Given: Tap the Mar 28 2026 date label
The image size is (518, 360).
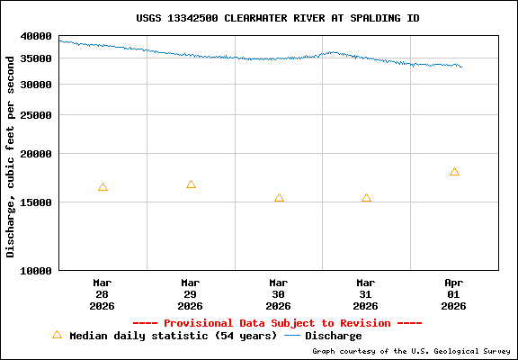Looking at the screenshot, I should pyautogui.click(x=103, y=293).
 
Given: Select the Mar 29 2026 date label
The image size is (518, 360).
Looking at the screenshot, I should pyautogui.click(x=191, y=293).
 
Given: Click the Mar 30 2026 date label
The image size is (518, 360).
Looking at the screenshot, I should pyautogui.click(x=279, y=293).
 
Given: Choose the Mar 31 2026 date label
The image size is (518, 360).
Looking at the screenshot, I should pyautogui.click(x=366, y=293).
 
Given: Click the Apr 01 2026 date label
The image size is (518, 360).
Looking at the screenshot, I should pyautogui.click(x=454, y=293).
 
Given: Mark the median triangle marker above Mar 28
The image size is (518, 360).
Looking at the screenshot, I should pyautogui.click(x=103, y=187).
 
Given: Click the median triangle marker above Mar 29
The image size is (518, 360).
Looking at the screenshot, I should pyautogui.click(x=191, y=184).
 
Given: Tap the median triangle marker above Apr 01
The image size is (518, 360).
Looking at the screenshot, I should pyautogui.click(x=454, y=172).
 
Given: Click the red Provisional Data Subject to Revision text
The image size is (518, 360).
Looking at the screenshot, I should pyautogui.click(x=277, y=323).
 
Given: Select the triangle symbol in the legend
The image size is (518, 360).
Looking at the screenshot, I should pyautogui.click(x=57, y=335).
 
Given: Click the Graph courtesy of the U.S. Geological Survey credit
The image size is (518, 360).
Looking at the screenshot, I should pyautogui.click(x=412, y=351).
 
